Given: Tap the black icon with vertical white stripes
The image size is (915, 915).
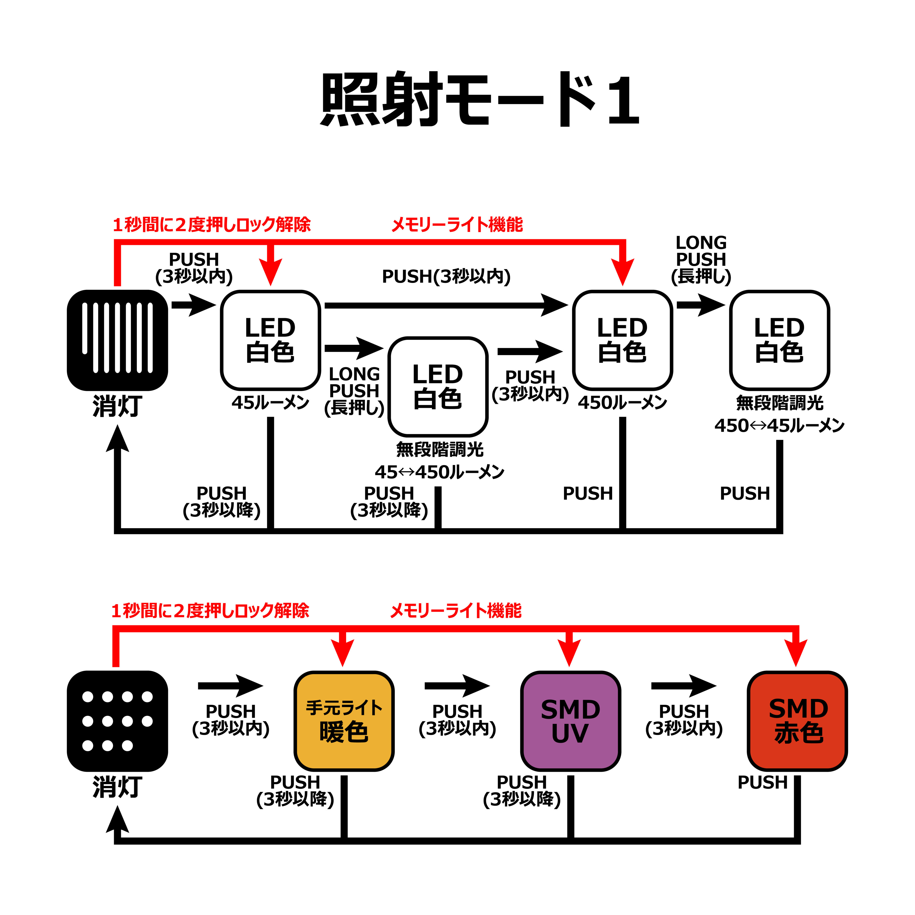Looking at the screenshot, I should (117, 340).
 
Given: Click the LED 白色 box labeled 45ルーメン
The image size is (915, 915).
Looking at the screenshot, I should (270, 340).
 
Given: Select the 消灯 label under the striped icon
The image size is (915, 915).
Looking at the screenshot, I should (117, 406).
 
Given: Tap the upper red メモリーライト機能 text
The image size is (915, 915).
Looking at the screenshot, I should (457, 224).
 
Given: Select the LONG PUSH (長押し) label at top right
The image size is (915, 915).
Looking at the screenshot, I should (701, 260).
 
